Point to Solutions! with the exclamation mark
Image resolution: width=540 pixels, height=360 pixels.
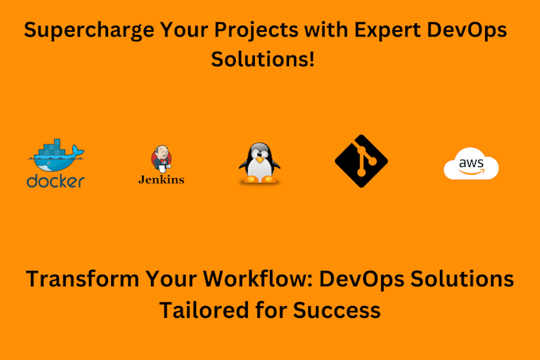262,60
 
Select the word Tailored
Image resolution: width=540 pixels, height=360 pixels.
202,308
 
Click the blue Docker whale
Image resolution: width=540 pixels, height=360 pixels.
55,157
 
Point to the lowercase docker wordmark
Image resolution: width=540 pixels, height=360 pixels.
56,182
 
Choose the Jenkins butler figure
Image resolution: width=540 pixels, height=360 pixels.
161,159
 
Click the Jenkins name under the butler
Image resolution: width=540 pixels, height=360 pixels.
161,180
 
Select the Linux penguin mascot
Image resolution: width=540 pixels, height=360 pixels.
259,164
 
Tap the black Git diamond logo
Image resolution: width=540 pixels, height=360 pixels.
361,160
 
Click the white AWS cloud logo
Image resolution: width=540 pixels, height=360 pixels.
471,165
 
